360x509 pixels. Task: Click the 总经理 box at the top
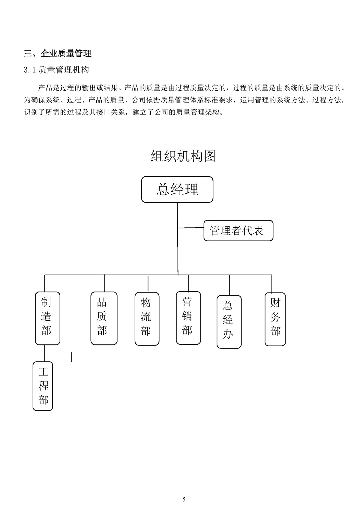(177, 189)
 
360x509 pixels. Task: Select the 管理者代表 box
(238, 230)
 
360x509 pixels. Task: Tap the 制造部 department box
(47, 318)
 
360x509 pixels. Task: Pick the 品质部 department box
(104, 318)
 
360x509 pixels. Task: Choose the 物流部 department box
(147, 319)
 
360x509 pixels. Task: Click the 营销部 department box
(188, 318)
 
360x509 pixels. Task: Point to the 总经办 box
(229, 322)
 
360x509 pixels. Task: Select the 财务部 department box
(275, 319)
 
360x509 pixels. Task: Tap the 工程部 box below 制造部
(43, 386)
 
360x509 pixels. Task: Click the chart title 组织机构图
(183, 156)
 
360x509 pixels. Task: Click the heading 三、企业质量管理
(58, 54)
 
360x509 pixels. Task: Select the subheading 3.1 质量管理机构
(56, 70)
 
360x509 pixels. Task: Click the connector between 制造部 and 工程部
(45, 353)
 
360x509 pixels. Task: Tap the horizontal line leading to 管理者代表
(190, 228)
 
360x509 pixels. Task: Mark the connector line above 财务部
(272, 284)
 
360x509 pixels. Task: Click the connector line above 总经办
(229, 285)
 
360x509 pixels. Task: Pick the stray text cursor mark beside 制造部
(72, 357)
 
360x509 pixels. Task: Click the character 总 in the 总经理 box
(163, 190)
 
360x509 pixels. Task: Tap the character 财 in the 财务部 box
(275, 303)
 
